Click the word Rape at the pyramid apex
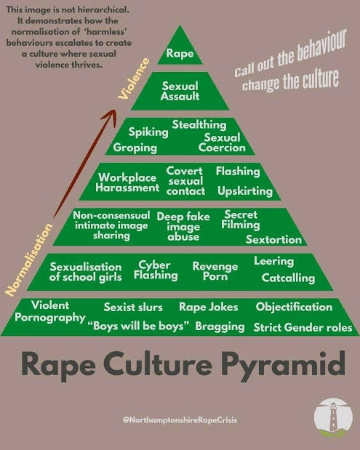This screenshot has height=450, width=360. click(x=180, y=54)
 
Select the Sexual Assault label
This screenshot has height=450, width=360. click(x=180, y=91)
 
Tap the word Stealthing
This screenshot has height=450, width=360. click(x=199, y=125)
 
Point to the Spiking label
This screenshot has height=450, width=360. click(x=148, y=132)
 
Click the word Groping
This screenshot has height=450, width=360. click(x=135, y=148)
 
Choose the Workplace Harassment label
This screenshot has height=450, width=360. click(x=127, y=182)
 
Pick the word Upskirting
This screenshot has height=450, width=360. click(x=245, y=191)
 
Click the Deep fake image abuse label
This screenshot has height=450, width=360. click(x=183, y=226)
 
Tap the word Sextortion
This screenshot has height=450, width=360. click(x=273, y=239)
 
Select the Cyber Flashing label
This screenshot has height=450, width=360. click(x=156, y=270)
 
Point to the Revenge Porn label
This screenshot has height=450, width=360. click(x=215, y=271)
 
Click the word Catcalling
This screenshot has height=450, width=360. click(x=288, y=278)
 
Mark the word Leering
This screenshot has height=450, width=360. click(x=274, y=261)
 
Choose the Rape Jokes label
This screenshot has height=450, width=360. click(x=209, y=307)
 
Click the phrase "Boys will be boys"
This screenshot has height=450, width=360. click(x=138, y=326)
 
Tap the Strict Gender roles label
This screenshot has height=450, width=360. click(x=303, y=327)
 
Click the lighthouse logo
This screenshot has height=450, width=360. click(x=333, y=417)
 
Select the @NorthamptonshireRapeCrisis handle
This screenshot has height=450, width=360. click(x=180, y=420)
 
